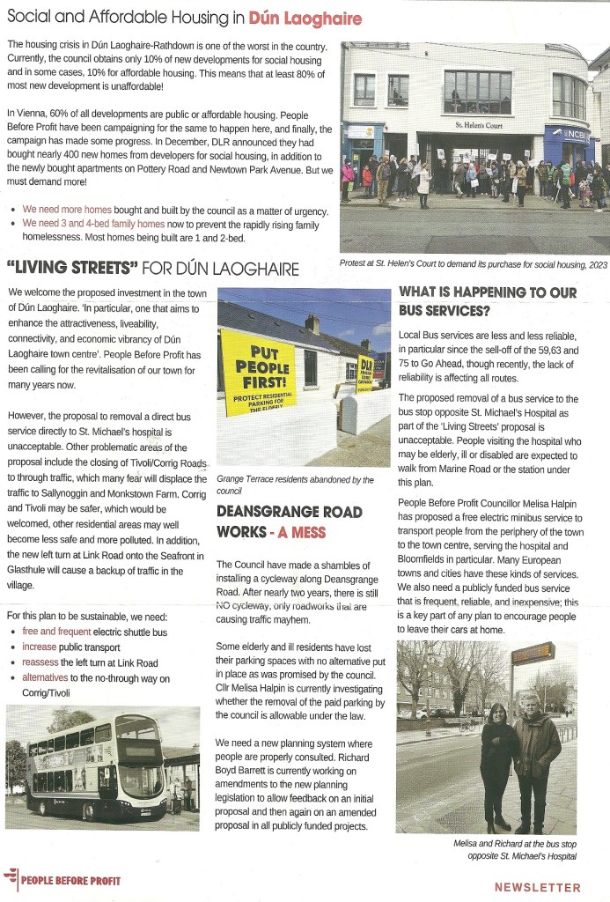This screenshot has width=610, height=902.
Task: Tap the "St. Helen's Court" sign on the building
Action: coord(479,126)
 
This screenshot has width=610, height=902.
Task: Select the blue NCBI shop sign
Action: coord(568,135)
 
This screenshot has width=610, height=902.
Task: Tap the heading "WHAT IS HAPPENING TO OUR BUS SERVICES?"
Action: coord(489,301)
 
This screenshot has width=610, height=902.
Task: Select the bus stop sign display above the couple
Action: coord(533,654)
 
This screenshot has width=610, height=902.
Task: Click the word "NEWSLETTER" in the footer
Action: coord(537,888)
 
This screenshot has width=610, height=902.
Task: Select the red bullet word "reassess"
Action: coord(40,662)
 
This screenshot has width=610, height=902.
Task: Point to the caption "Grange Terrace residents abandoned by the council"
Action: coord(294,484)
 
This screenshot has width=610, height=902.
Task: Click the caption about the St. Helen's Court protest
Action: coord(472,262)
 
